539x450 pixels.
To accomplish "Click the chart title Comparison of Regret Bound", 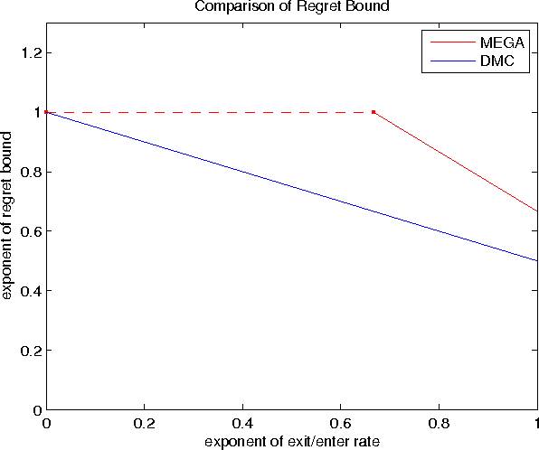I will (x=291, y=8).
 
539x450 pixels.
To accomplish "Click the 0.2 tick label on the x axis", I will (x=144, y=423).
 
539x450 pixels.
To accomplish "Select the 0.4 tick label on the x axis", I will (x=242, y=423).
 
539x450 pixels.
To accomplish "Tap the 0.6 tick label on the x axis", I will (x=341, y=423).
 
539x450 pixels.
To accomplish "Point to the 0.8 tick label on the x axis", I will (x=440, y=423).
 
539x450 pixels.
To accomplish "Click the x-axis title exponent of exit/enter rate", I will (x=291, y=441).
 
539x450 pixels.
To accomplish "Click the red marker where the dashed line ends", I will (x=374, y=112).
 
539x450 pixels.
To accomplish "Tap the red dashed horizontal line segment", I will (x=208, y=112).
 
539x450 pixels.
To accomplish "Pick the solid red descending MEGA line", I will (x=456, y=162).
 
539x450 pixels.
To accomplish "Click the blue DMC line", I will (x=291, y=192).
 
